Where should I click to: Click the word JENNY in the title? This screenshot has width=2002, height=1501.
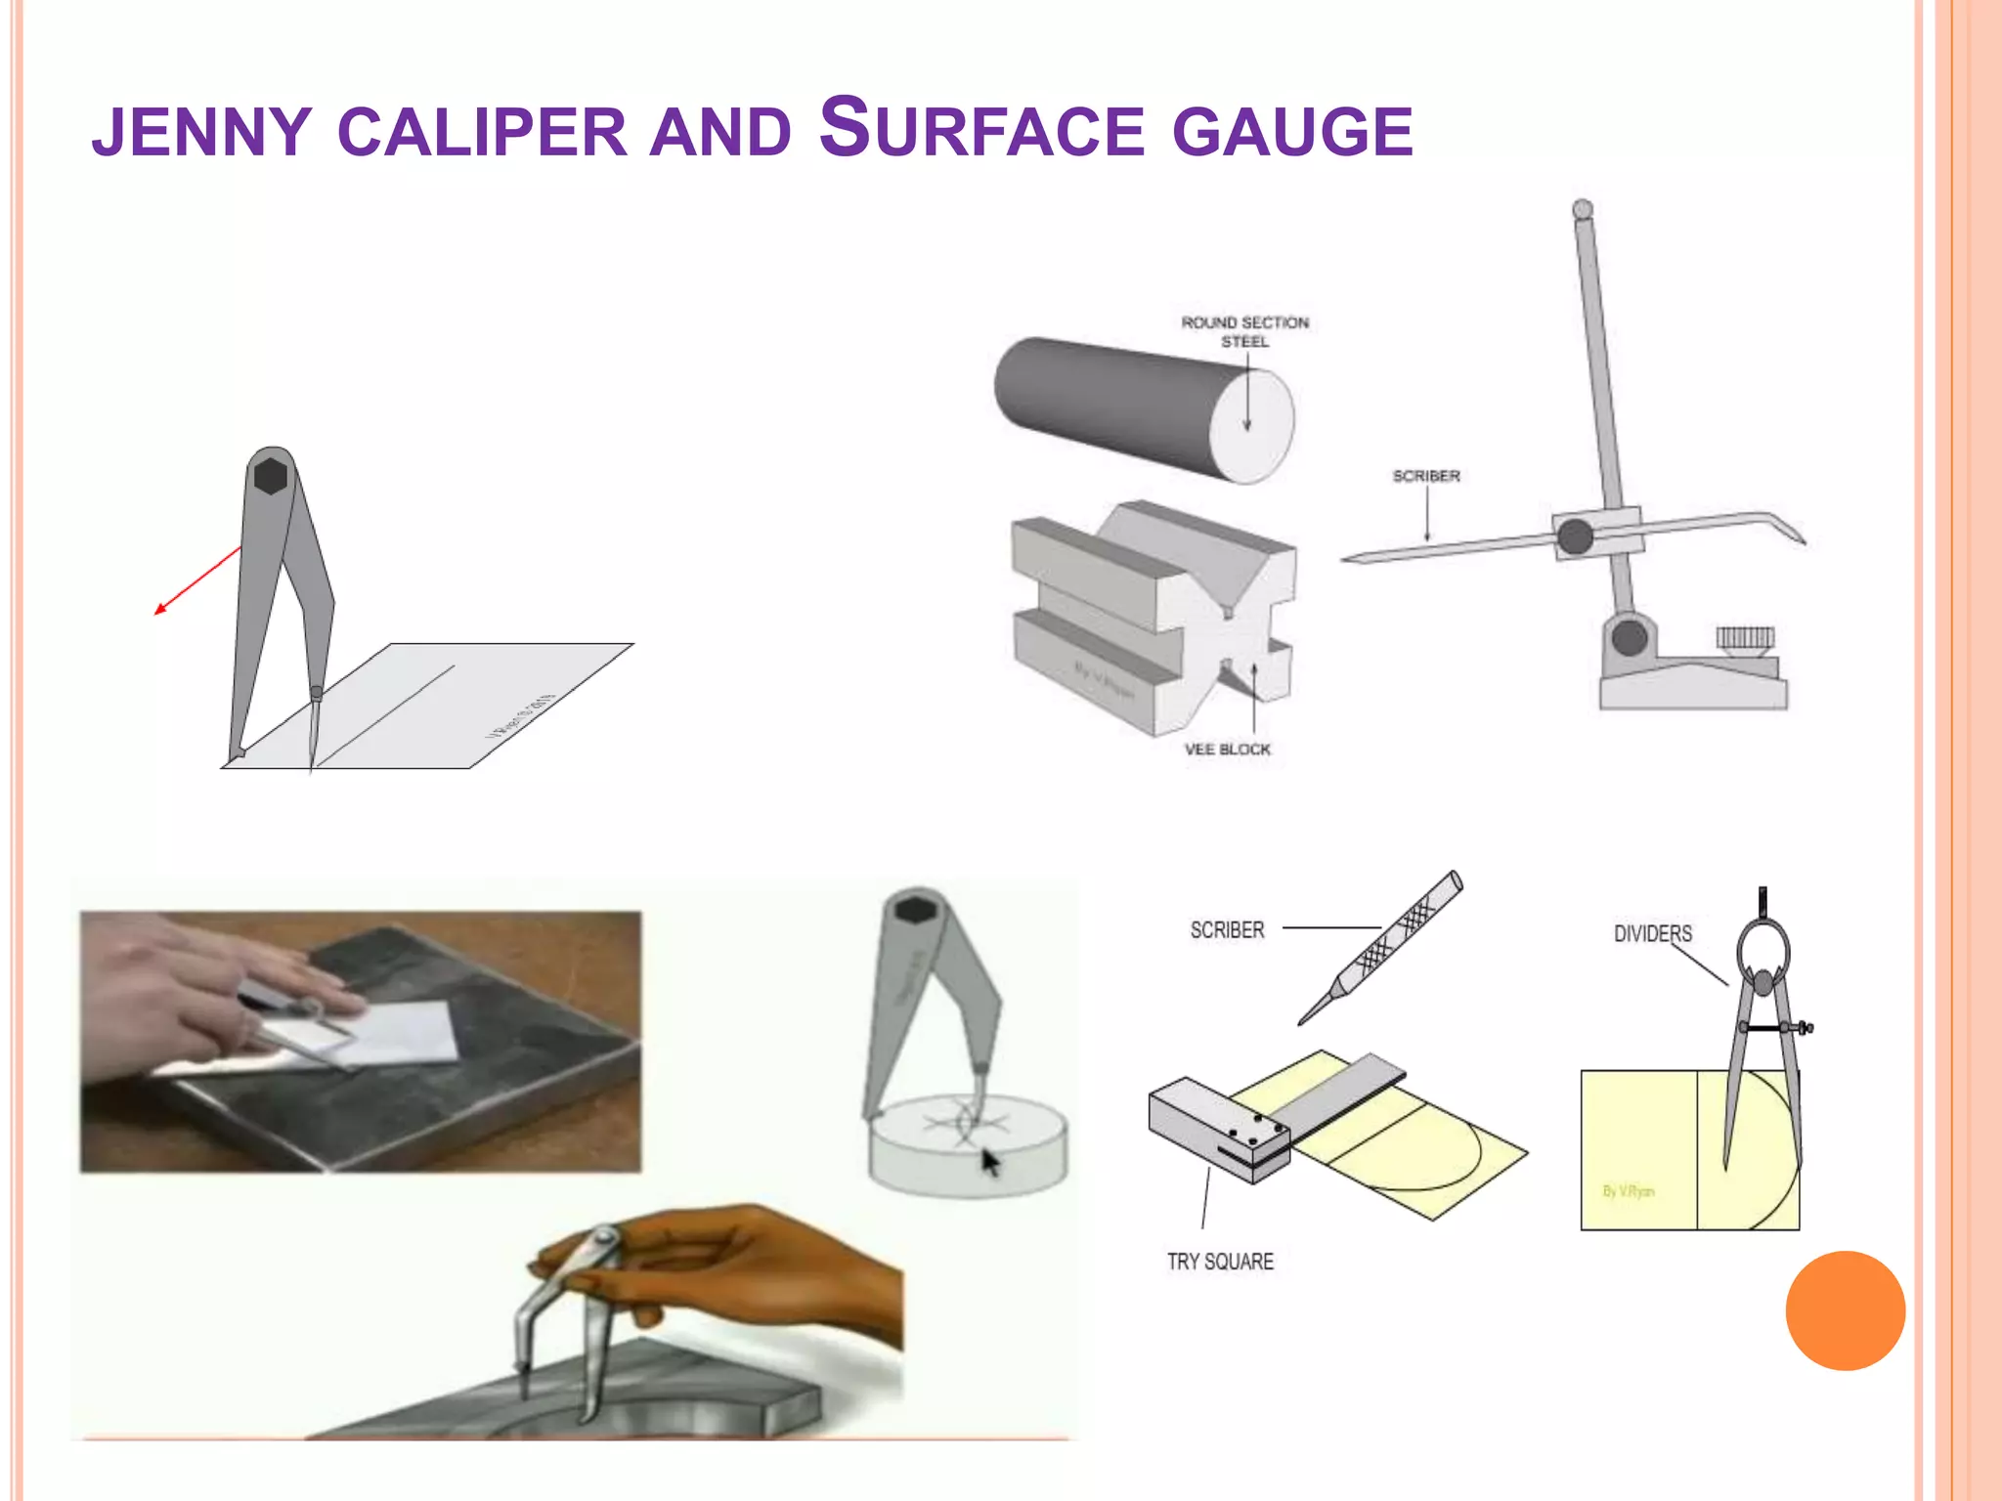(201, 133)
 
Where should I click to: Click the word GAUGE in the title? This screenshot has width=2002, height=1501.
(1292, 133)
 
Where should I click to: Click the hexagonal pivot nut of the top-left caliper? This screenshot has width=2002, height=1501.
(271, 476)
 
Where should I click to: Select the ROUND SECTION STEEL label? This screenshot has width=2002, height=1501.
(1244, 331)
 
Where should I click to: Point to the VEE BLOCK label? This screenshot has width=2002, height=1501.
(1228, 750)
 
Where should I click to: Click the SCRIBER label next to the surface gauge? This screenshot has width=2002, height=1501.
(1426, 476)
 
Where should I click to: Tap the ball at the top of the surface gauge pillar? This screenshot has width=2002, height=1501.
(1583, 209)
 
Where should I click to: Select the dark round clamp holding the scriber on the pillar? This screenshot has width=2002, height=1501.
(1575, 536)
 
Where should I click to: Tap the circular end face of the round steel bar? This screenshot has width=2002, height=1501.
(1251, 427)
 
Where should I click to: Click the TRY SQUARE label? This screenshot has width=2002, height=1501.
(1220, 1262)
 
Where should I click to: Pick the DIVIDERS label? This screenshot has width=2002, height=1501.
(1652, 934)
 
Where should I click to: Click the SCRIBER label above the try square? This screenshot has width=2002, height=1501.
(1227, 930)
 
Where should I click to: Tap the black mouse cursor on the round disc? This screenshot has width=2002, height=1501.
(990, 1163)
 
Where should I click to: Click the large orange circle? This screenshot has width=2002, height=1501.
(1845, 1310)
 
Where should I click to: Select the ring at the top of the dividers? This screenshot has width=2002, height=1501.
(1763, 948)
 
